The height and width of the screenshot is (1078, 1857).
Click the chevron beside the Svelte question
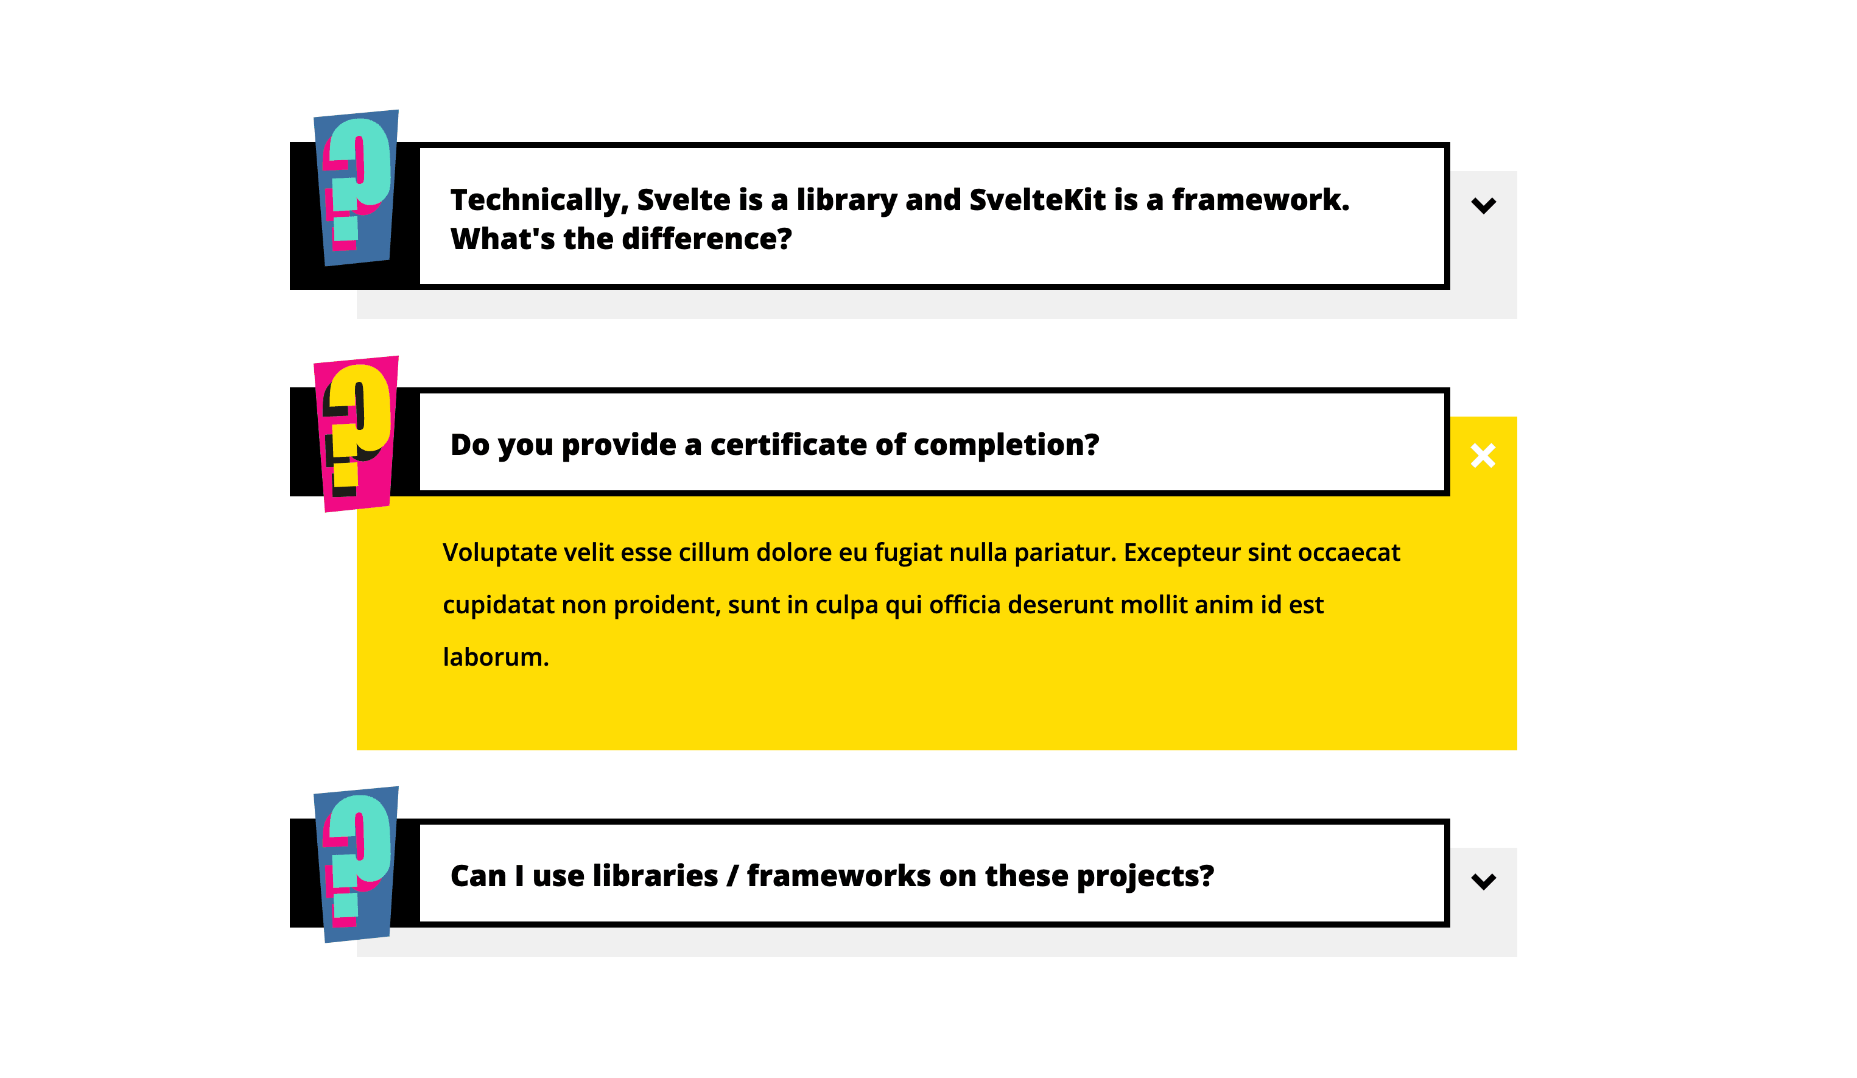(x=1483, y=205)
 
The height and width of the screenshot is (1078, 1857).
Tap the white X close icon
(x=1483, y=456)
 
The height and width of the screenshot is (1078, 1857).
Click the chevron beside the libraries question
(x=1483, y=881)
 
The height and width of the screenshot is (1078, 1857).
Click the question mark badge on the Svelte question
(x=357, y=188)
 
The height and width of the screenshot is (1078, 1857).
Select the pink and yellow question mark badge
(x=357, y=434)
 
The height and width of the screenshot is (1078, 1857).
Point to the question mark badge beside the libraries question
(x=357, y=865)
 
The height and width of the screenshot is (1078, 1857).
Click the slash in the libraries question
(x=732, y=876)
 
